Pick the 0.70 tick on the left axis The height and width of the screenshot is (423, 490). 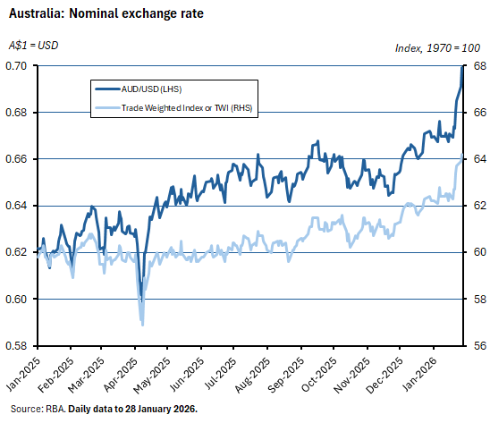pos(15,66)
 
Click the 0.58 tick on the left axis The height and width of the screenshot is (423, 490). pos(15,345)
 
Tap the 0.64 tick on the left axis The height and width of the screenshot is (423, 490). pos(15,206)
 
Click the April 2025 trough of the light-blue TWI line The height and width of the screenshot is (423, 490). pos(141,324)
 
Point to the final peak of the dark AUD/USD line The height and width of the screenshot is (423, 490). pos(462,66)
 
